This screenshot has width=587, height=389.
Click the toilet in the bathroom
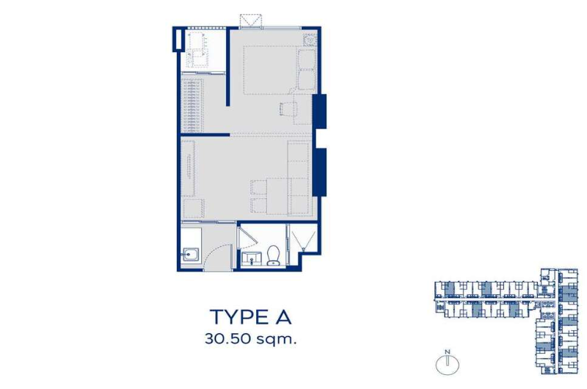[273, 255]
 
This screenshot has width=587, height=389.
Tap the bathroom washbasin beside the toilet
[250, 258]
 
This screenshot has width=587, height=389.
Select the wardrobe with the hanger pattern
[192, 105]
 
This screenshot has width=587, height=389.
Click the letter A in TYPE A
[282, 318]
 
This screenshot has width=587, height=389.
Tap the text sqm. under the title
[277, 340]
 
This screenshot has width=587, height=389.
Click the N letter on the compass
[447, 352]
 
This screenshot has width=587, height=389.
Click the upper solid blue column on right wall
[319, 112]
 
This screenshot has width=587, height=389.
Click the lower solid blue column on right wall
[319, 172]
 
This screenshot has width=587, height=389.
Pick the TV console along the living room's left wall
[188, 168]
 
